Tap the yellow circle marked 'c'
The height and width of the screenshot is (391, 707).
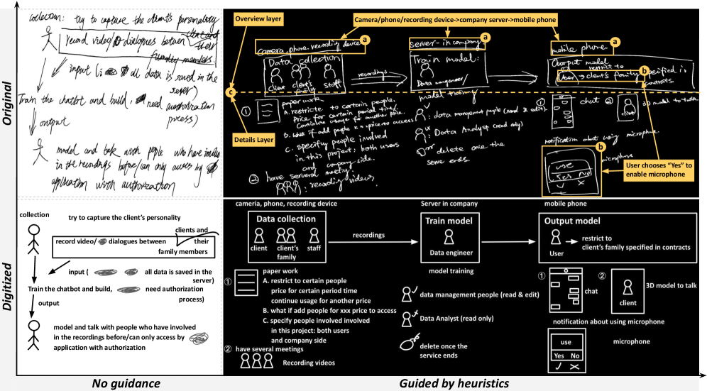[230, 92]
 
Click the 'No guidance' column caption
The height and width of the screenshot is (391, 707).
[126, 383]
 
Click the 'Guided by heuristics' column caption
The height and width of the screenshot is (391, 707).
[454, 383]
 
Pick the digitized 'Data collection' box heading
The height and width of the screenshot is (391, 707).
[286, 219]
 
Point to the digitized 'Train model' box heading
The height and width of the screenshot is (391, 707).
[449, 221]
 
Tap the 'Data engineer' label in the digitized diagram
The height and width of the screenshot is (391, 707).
[449, 252]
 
